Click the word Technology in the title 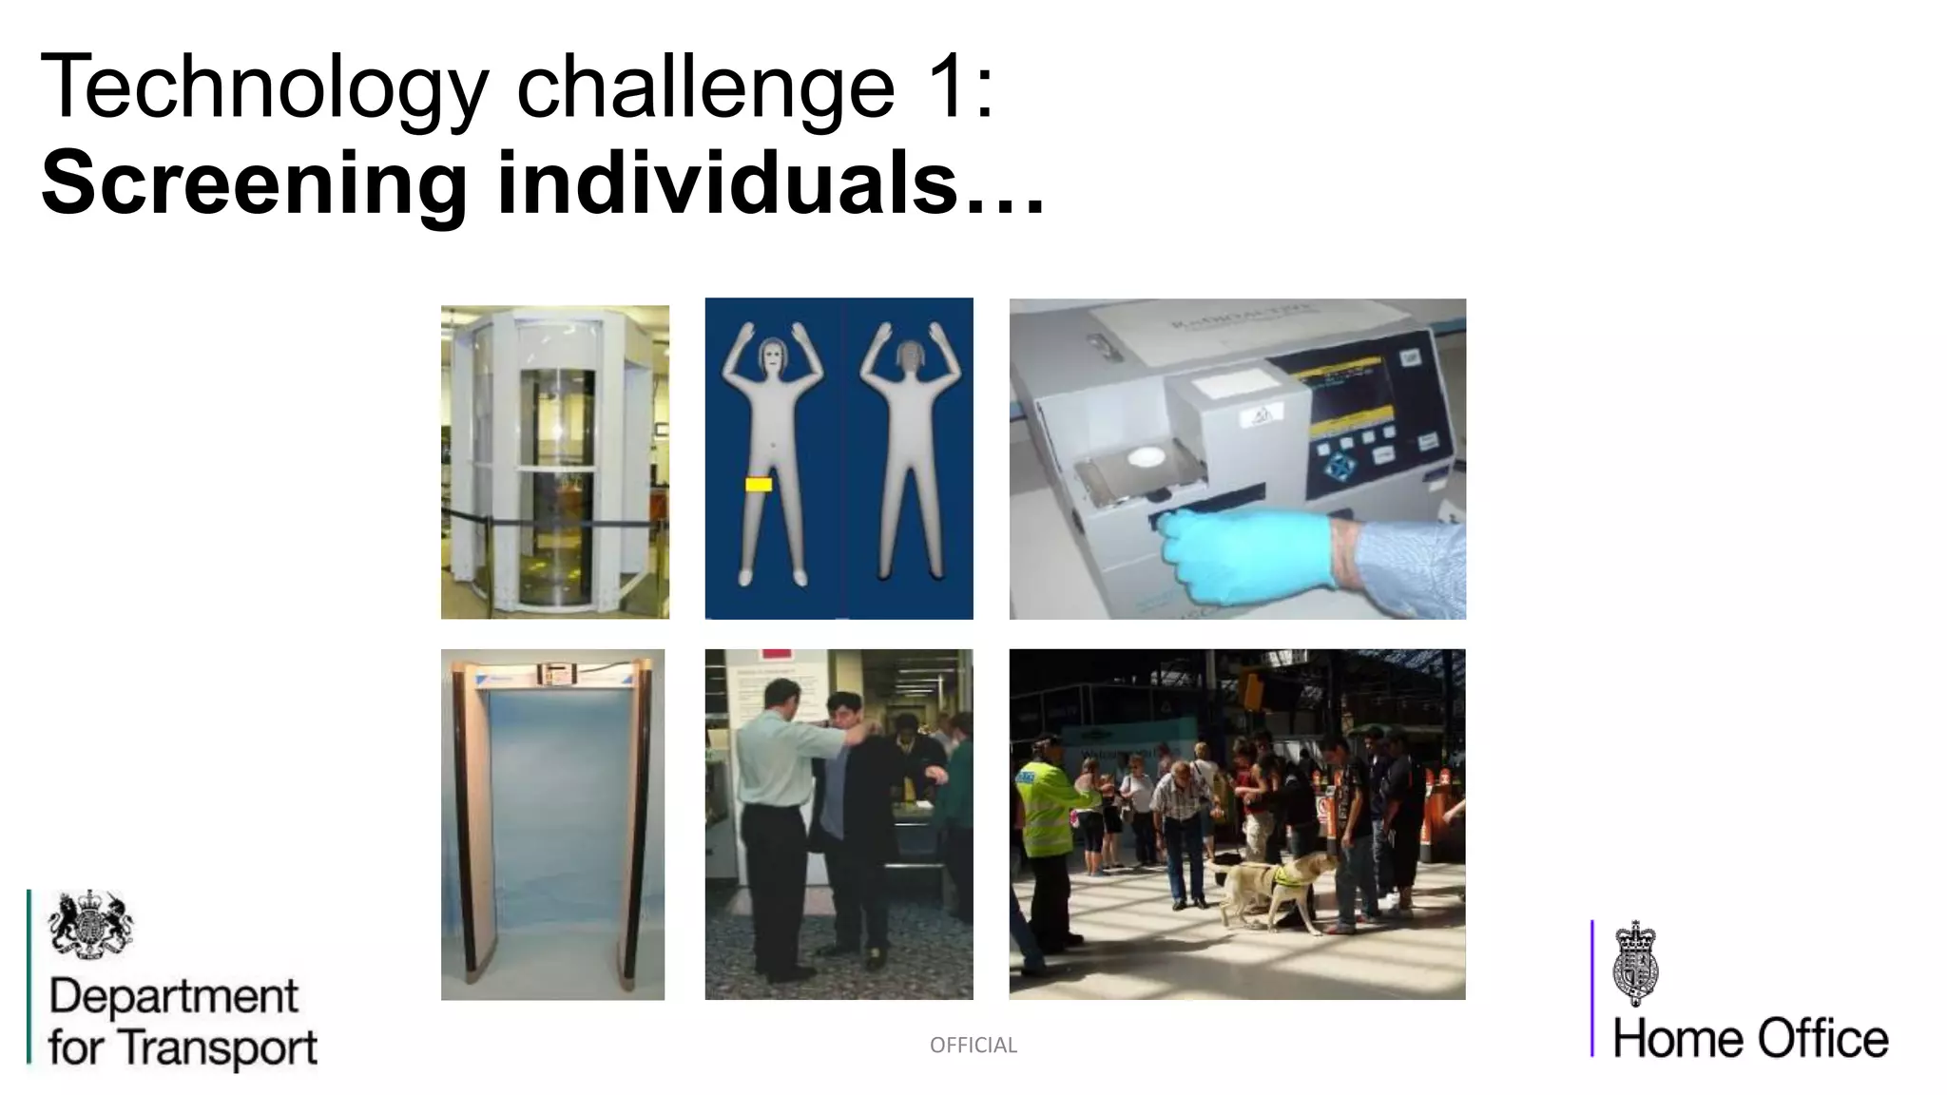point(264,87)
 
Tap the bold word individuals point(727,182)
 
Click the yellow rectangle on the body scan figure point(759,485)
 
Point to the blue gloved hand point(1245,556)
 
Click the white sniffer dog point(1269,889)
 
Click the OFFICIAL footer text point(973,1046)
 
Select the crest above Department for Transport point(90,924)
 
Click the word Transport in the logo point(221,1047)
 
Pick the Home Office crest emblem point(1635,962)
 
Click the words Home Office point(1750,1038)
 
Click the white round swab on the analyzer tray point(1147,456)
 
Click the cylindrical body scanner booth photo point(554,462)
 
